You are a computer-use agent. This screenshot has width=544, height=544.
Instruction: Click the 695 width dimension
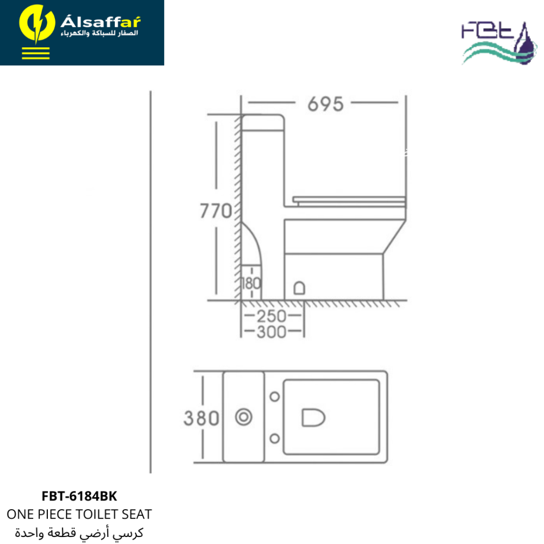pyautogui.click(x=325, y=104)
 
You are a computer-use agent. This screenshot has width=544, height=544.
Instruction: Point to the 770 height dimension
pyautogui.click(x=216, y=211)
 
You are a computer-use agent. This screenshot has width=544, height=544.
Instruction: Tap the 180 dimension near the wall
pyautogui.click(x=250, y=284)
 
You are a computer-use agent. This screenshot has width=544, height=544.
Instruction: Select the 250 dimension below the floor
pyautogui.click(x=271, y=316)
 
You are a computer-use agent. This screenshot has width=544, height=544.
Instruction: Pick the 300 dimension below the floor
pyautogui.click(x=271, y=332)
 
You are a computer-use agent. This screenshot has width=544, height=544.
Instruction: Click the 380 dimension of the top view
pyautogui.click(x=201, y=418)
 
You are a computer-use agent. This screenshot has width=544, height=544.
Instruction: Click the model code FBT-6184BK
pyautogui.click(x=79, y=496)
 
